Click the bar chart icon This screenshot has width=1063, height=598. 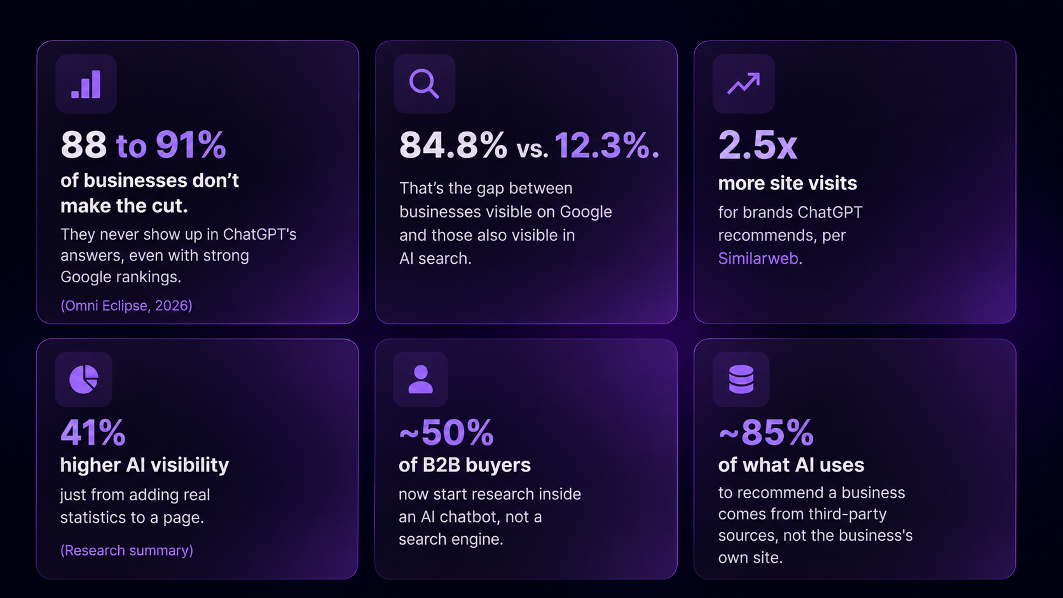pos(86,84)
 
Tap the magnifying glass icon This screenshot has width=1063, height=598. pos(424,84)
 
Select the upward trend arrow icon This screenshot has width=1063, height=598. pos(744,83)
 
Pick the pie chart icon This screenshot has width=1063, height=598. pos(84,379)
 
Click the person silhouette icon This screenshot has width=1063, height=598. pos(420,379)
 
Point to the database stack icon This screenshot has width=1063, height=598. pos(741,379)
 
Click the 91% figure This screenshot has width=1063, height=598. pos(191,145)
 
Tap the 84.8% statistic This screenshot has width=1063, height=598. pos(453,145)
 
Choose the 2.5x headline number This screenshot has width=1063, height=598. pos(757,145)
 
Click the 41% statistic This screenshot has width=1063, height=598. pos(93,432)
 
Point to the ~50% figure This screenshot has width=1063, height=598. pos(446,432)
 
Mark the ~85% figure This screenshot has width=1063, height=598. pos(766,432)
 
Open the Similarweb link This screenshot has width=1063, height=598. pos(758,259)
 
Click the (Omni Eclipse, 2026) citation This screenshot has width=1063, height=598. pos(127,306)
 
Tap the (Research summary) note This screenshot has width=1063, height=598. pos(127,550)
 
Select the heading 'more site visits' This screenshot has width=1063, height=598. pos(787,183)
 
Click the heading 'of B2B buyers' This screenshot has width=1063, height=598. pos(465,465)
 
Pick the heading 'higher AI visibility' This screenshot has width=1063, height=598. pos(144,465)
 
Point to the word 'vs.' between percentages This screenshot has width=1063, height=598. pos(532,149)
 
